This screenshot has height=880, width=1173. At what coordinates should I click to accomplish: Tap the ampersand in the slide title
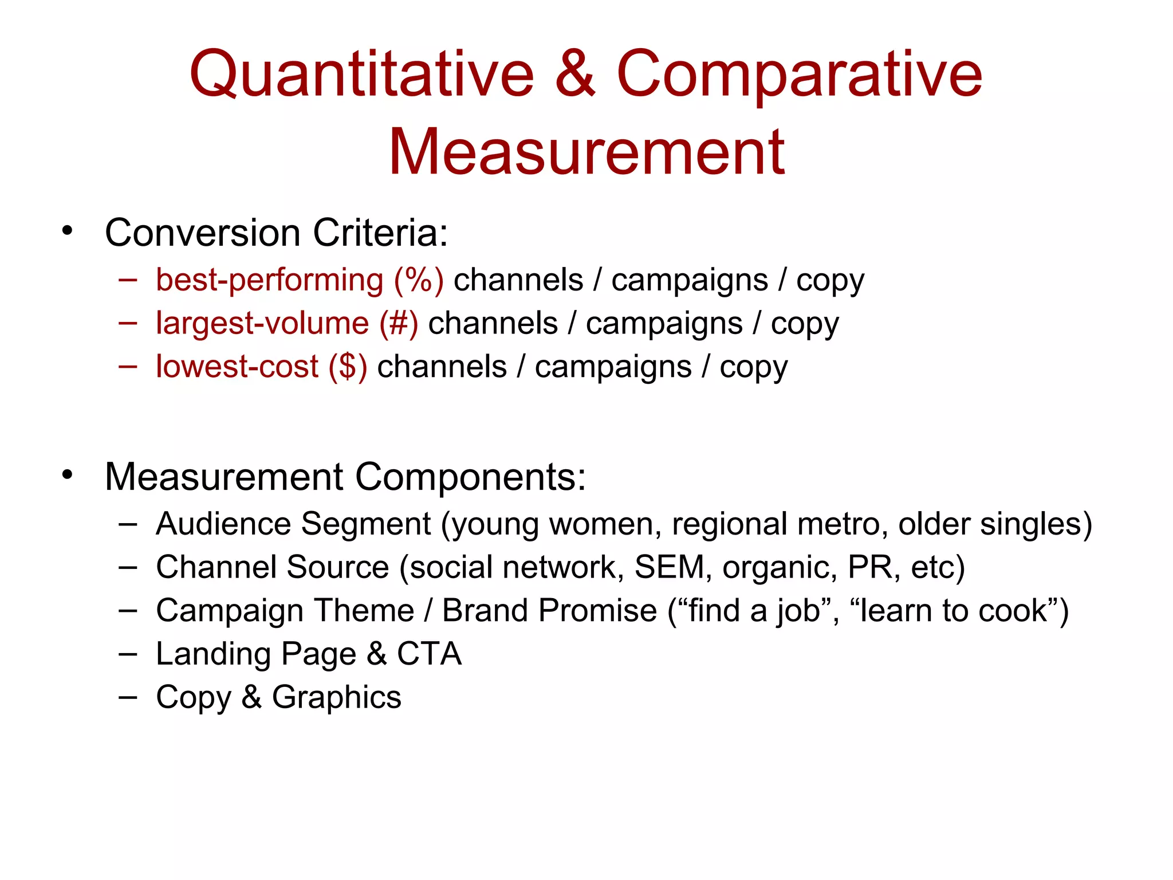[575, 74]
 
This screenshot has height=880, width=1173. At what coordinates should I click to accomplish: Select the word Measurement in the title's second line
[586, 152]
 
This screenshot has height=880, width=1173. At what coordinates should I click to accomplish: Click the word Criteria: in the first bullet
[380, 233]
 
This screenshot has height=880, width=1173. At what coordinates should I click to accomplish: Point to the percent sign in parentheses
[419, 280]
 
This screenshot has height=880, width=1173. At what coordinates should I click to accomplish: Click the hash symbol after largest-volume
[399, 324]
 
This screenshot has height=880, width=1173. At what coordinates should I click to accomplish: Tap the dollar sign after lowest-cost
[348, 367]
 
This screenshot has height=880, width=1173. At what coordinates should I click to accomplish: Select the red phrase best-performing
[269, 281]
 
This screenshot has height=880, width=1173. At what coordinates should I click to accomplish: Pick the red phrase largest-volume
[262, 324]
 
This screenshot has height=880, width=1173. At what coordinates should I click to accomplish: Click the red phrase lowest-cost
[237, 367]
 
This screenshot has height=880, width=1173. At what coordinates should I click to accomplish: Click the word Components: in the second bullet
[470, 477]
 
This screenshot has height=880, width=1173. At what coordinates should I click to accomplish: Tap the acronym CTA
[429, 654]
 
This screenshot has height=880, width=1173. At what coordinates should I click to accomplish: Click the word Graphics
[336, 698]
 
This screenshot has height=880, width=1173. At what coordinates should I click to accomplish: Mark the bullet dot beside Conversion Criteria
[68, 231]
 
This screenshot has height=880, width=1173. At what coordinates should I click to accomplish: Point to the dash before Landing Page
[128, 654]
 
